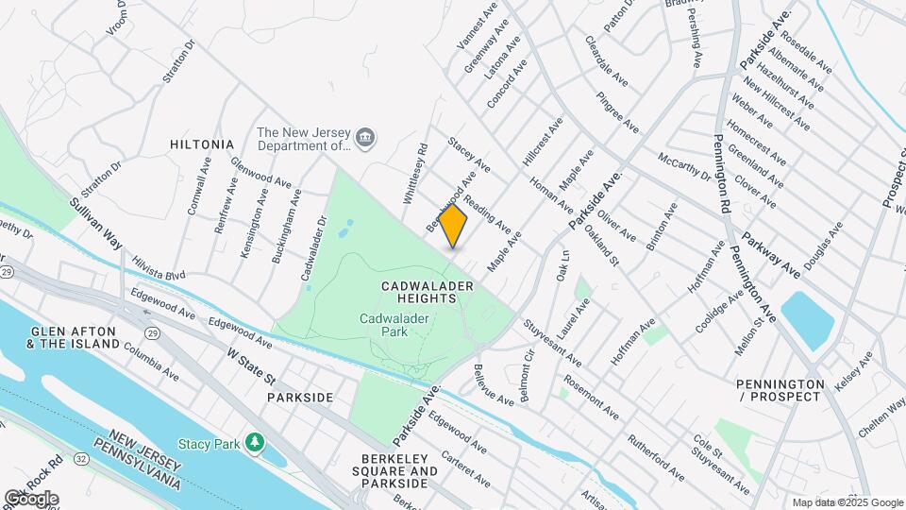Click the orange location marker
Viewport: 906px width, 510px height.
point(453,226)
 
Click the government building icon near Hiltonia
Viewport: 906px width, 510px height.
point(366,140)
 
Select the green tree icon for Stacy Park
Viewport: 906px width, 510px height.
point(254,442)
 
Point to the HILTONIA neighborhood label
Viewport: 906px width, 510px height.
point(202,144)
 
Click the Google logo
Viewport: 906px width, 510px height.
point(31,498)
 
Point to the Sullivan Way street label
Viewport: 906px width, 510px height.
point(96,223)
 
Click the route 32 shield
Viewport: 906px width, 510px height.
point(82,458)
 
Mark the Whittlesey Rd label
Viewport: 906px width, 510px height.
point(416,174)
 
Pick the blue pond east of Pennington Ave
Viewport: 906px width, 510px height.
point(807,319)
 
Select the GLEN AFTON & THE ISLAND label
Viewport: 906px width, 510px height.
point(75,337)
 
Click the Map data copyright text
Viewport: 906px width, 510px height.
point(847,502)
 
